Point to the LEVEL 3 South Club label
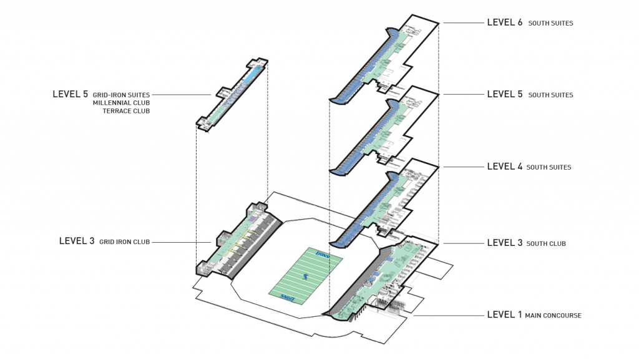526,243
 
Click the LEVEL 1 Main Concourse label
534,315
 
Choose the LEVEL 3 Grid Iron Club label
104,241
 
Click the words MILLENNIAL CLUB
121,102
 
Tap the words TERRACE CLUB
126,111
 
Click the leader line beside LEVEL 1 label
446,316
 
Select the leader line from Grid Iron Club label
181,242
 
